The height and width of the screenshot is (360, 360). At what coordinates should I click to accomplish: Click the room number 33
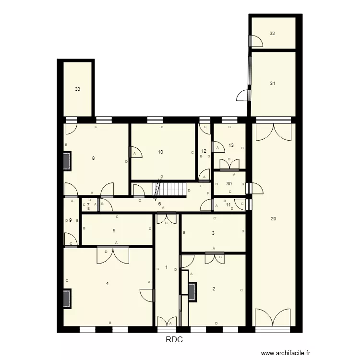(x=77, y=89)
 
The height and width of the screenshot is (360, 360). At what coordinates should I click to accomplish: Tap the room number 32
(x=272, y=34)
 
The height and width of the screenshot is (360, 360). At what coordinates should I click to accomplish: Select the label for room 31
(x=272, y=84)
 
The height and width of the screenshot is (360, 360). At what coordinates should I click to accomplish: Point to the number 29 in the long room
(x=273, y=219)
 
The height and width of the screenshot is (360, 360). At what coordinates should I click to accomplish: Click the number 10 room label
(x=160, y=152)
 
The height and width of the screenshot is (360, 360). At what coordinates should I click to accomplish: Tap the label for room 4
(x=107, y=284)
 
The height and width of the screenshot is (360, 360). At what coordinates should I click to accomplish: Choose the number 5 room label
(x=114, y=231)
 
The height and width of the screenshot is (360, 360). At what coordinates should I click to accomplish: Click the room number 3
(x=213, y=234)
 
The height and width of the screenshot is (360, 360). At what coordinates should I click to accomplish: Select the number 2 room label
(x=214, y=289)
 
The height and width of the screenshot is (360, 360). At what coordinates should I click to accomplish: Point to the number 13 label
(x=231, y=145)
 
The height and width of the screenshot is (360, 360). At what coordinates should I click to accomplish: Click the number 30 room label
(x=229, y=184)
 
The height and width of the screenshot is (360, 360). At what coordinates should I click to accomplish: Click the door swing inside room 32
(x=256, y=41)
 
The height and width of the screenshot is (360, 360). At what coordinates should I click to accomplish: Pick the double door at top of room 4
(x=113, y=254)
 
